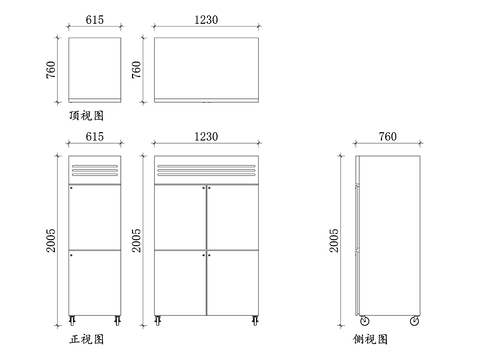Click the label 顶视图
(86, 117)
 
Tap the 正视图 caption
(86, 340)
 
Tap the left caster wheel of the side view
(364, 321)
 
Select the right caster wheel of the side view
(414, 321)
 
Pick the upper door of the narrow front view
(96, 216)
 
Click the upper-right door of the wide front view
(233, 216)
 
